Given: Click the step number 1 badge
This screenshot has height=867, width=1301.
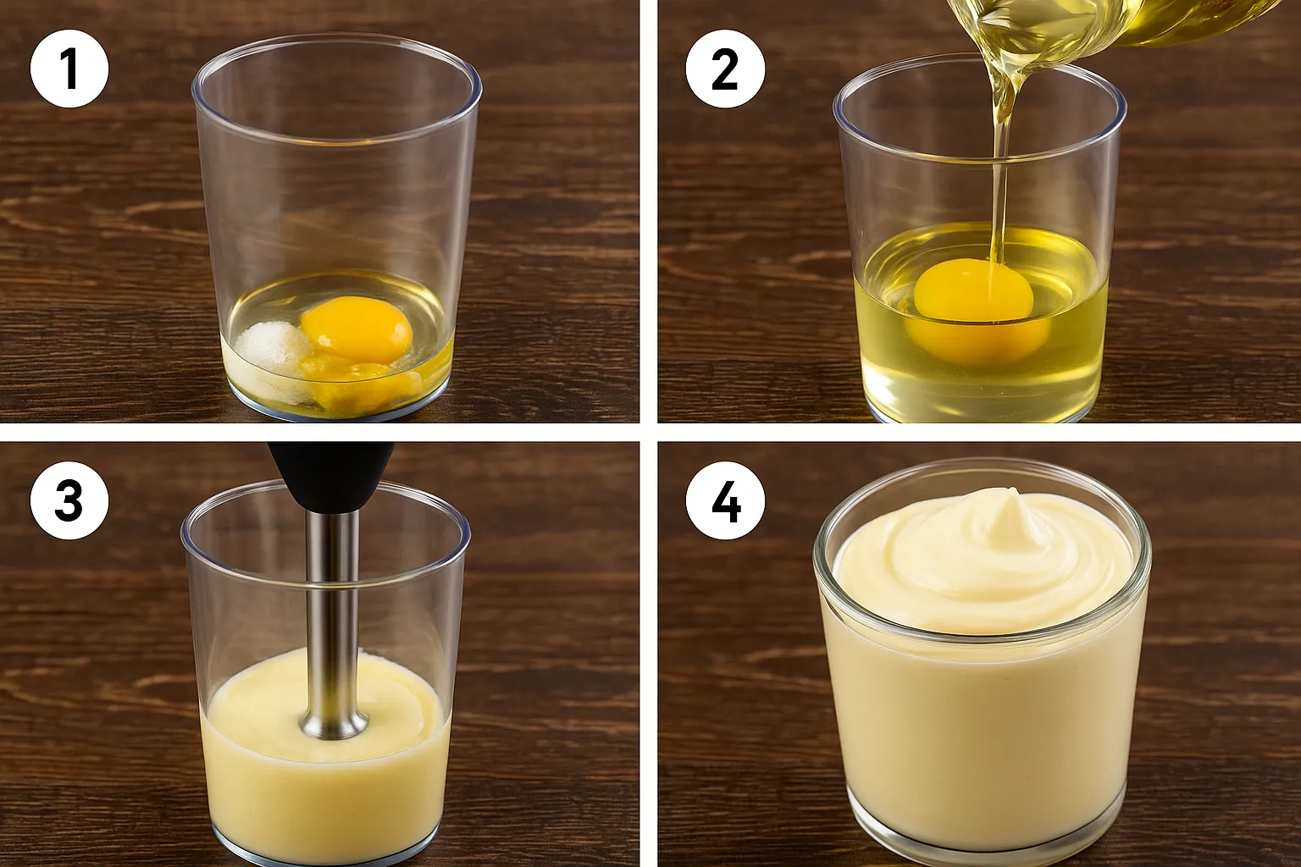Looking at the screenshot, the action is click(69, 69).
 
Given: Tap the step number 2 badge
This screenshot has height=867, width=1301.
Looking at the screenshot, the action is click(725, 69).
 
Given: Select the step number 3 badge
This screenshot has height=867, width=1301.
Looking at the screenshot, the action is click(69, 500).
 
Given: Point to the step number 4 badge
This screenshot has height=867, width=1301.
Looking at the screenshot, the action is click(725, 500).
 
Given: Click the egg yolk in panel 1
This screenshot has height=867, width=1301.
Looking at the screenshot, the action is click(357, 329).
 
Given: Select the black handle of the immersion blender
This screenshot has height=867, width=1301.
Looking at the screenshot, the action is click(330, 476).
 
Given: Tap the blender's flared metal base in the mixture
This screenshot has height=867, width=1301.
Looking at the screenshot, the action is click(334, 723).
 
